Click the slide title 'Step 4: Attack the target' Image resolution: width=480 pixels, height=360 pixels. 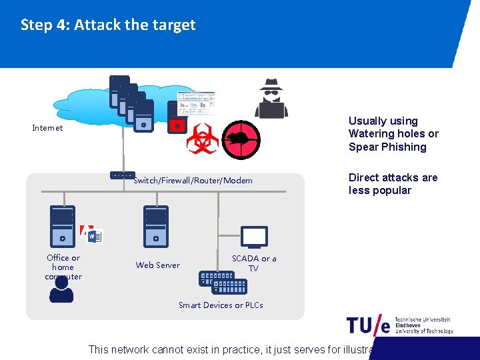(108, 25)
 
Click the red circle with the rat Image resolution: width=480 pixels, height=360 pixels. (240, 140)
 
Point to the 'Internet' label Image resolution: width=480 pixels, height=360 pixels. (47, 128)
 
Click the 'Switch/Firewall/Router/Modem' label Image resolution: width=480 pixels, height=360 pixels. (193, 181)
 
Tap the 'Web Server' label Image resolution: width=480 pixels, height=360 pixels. (157, 265)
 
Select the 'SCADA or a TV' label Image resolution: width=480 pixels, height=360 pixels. (253, 263)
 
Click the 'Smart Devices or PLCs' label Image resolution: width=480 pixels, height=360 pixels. (221, 305)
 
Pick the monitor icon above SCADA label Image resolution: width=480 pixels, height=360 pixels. (254, 237)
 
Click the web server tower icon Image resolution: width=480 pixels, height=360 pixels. (156, 227)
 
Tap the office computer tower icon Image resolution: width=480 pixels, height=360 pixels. (63, 227)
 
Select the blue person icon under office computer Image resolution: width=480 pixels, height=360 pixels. (61, 290)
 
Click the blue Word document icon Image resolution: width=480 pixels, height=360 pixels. (95, 236)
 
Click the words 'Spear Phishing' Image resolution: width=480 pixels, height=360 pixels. (387, 147)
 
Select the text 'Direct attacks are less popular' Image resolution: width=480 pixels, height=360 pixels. (393, 184)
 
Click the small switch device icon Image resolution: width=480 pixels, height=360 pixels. (122, 175)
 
